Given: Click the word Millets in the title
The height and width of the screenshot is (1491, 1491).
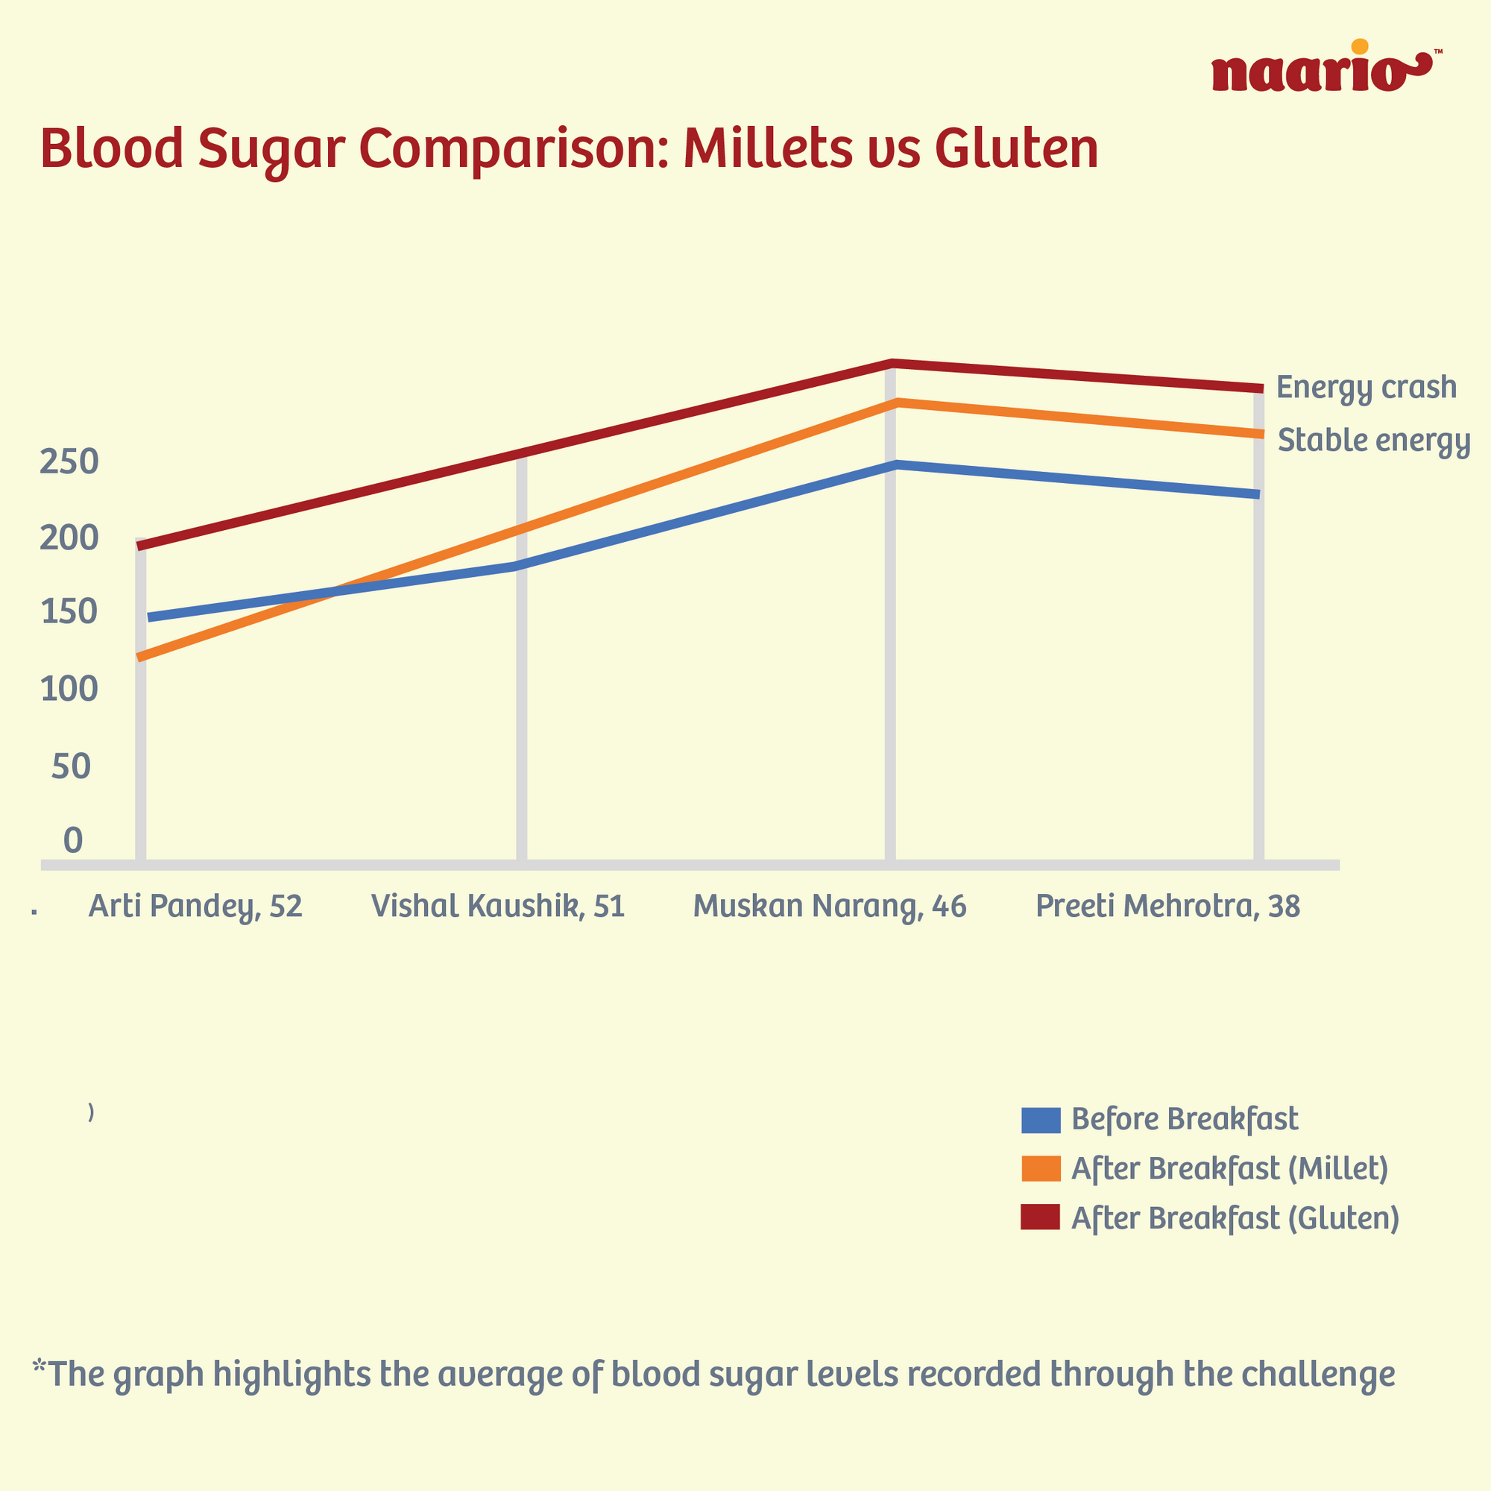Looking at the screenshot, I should point(768,148).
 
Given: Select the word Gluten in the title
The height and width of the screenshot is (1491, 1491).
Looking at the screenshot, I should point(1016,148).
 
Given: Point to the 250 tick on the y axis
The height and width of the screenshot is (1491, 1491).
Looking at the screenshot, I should point(69,462).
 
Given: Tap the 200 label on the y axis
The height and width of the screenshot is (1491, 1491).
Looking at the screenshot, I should point(69,538).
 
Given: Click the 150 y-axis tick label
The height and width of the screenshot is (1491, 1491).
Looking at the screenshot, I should point(69,613).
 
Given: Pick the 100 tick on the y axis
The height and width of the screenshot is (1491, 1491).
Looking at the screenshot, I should point(69,688).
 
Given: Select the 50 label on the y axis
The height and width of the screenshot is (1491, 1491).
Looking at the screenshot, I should point(71,766).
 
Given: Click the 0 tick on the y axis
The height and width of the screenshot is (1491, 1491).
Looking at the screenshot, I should point(72,840).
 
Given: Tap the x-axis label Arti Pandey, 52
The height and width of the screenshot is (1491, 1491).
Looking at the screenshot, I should point(195,906).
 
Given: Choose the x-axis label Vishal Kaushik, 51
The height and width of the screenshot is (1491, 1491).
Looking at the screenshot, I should point(498,906).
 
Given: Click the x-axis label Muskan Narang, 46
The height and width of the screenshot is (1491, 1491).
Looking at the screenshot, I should point(830,906).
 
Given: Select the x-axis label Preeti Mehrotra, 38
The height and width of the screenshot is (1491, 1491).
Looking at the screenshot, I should point(1167,906).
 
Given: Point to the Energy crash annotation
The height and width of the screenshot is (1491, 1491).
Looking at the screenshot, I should point(1366,388).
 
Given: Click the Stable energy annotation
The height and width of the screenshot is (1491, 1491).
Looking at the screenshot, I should point(1374,441).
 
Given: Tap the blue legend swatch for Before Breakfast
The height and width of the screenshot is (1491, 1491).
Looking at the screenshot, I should point(1040,1120).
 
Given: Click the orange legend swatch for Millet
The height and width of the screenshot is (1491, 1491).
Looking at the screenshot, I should point(1040,1169).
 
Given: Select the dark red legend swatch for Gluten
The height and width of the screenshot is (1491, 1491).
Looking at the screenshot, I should point(1040,1219).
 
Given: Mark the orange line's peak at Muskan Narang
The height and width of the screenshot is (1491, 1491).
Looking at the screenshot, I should point(895,403).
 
